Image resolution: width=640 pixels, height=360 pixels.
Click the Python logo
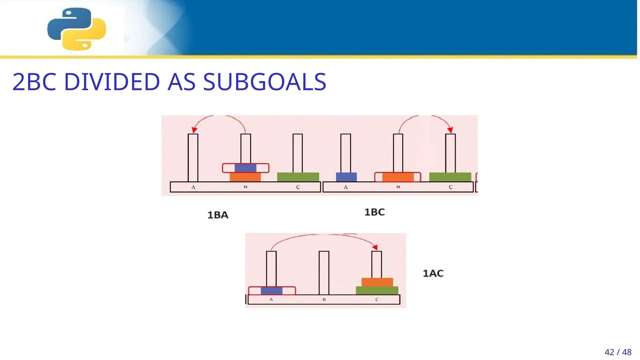[x=77, y=29]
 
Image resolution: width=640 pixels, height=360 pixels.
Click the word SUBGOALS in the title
[x=264, y=82]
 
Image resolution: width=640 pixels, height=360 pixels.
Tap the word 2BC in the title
[x=34, y=82]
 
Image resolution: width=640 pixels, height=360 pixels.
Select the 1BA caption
[x=218, y=215]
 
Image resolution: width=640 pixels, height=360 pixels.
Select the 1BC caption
[x=374, y=212]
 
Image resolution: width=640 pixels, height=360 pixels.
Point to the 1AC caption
[x=433, y=273]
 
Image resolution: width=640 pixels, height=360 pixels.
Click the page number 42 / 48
[x=618, y=352]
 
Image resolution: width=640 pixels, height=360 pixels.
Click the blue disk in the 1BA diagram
[x=245, y=168]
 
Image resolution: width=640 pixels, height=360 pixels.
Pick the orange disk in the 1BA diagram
[x=245, y=177]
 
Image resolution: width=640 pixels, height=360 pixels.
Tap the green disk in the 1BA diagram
[x=298, y=177]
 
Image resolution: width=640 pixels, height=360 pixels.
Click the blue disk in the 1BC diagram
[x=346, y=177]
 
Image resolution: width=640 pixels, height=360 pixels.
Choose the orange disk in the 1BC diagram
[x=397, y=177]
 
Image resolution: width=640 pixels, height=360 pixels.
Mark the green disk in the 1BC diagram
[x=450, y=177]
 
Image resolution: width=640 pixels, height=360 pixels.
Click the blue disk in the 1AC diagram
[x=271, y=291]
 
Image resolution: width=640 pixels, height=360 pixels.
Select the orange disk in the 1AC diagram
[x=377, y=282]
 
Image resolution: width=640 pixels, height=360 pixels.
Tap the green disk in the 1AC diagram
[x=377, y=290]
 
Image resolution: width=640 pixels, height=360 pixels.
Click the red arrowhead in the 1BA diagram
[x=194, y=130]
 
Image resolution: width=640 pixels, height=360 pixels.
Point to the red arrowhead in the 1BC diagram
[x=450, y=130]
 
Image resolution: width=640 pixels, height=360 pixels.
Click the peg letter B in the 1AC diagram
[x=324, y=299]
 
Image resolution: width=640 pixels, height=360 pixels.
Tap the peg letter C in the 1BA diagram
[x=298, y=187]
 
